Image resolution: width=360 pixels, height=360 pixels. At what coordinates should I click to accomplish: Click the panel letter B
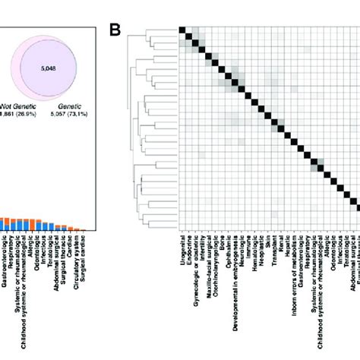(115, 31)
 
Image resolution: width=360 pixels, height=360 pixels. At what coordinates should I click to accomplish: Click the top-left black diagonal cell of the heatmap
(182, 30)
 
